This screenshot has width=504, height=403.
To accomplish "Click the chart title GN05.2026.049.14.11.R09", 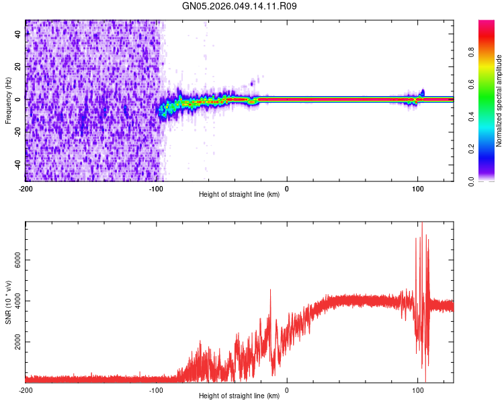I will coord(240,6).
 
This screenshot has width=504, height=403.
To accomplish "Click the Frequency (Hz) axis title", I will coord(8,101).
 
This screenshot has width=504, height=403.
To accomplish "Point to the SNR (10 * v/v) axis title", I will coord(8,302).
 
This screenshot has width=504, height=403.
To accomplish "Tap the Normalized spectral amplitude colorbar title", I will coord(499,101).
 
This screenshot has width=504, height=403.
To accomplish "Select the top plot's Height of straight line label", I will coord(239,194).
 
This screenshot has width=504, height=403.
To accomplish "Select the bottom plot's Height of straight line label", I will coord(239,396).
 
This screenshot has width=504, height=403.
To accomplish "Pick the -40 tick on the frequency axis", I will coord(16,165).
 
